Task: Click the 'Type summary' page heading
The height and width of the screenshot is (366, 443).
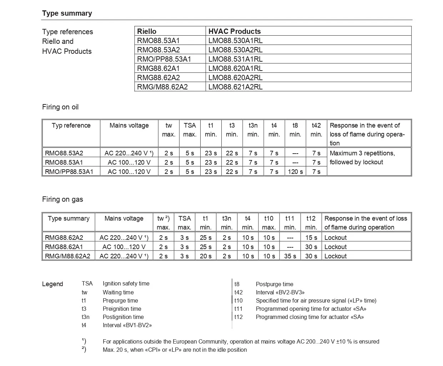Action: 67,14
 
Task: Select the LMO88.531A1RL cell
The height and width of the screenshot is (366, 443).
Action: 235,59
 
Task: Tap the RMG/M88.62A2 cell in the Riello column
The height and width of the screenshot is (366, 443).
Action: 162,87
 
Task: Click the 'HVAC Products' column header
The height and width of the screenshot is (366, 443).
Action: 235,31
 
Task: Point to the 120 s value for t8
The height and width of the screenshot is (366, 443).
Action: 295,172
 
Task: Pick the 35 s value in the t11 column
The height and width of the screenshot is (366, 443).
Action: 290,256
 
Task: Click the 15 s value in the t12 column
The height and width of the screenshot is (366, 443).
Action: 311,238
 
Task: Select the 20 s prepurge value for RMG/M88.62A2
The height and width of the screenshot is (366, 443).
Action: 206,256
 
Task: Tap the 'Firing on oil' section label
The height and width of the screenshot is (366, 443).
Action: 60,107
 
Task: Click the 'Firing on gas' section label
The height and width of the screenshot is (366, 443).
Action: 62,200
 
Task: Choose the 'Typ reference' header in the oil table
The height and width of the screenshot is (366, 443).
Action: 71,125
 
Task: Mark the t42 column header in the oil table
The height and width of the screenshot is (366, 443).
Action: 316,125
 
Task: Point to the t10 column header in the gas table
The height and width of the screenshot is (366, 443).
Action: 269,218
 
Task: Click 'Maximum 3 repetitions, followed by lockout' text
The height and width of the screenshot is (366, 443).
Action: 362,158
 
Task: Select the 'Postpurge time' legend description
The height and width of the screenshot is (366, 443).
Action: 275,284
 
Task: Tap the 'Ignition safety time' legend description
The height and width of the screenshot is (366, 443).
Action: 126,284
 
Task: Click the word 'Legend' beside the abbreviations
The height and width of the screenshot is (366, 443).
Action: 52,284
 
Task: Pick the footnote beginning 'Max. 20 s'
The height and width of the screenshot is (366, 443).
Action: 175,350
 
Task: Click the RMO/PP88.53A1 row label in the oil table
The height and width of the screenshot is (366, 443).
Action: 69,172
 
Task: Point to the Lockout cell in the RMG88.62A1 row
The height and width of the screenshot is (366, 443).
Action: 335,247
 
